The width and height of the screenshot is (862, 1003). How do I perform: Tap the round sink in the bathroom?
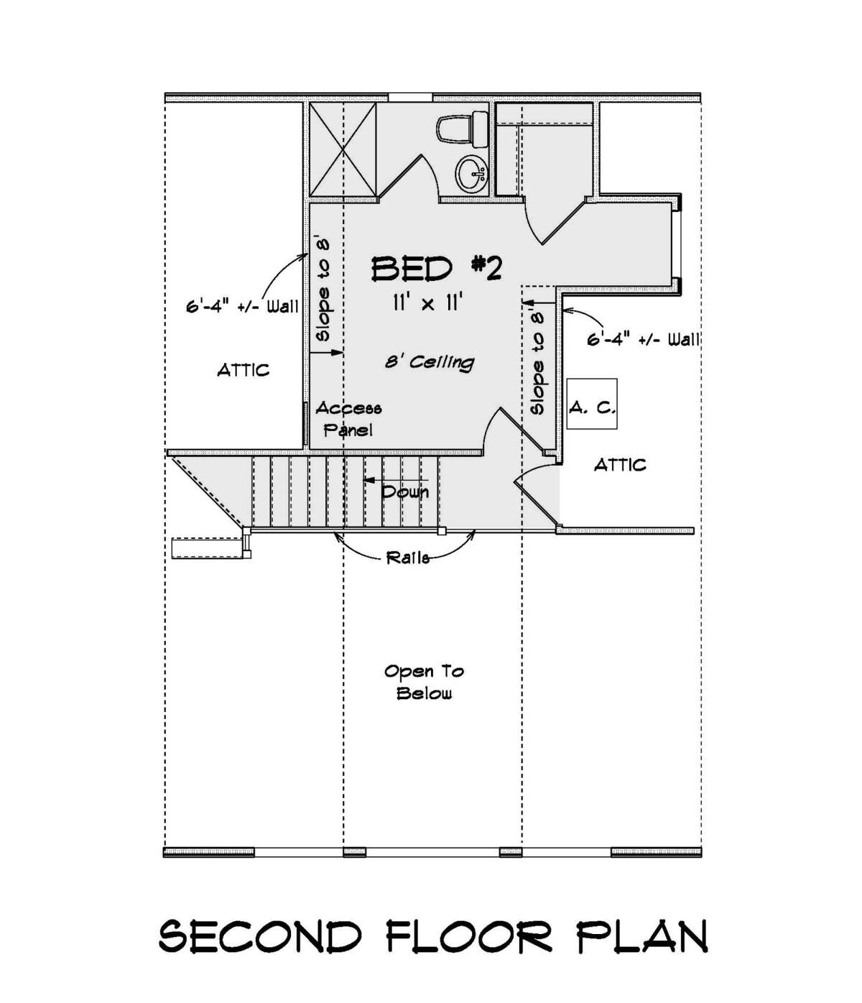click(x=470, y=173)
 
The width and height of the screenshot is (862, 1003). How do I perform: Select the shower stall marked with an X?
click(x=343, y=149)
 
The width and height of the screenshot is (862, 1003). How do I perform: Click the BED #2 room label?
click(x=435, y=269)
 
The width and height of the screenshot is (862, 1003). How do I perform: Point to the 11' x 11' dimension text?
click(x=427, y=304)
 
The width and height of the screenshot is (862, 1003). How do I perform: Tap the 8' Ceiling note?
click(x=430, y=361)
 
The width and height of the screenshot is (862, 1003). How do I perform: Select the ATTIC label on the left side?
click(x=244, y=370)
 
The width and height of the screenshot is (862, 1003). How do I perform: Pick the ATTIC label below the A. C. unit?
click(x=620, y=465)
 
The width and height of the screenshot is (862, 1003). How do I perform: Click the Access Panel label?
click(x=348, y=419)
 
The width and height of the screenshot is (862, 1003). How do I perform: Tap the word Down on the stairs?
click(x=405, y=492)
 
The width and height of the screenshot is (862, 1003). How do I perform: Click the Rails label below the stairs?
click(x=407, y=558)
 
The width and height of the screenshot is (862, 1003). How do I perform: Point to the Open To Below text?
click(x=424, y=682)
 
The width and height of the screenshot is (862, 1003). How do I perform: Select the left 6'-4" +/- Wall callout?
click(x=242, y=307)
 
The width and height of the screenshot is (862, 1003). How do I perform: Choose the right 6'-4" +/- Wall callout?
click(x=643, y=339)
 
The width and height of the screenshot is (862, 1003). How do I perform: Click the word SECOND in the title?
click(x=260, y=937)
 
